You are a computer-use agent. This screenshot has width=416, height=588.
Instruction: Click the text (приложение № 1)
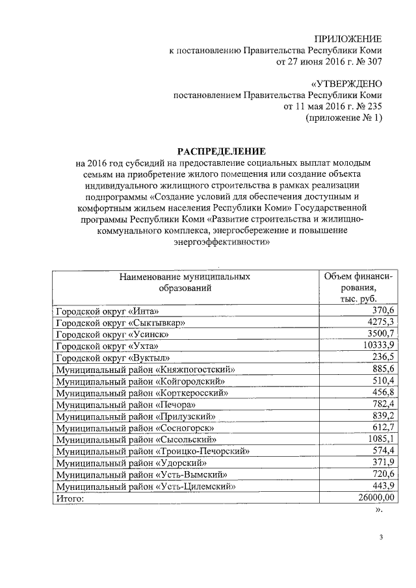344,119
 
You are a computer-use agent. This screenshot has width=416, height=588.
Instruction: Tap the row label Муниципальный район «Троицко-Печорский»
153,451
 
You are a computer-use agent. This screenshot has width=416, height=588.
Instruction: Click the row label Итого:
70,498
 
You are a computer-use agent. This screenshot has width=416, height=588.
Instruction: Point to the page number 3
382,537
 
